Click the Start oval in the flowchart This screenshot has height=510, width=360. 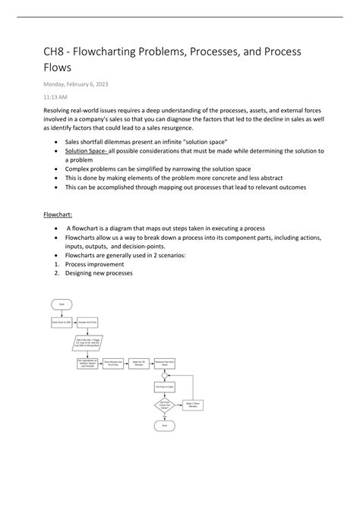click(x=62, y=304)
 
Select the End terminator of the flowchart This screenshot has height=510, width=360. click(x=164, y=425)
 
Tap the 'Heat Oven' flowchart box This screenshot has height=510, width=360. click(x=62, y=322)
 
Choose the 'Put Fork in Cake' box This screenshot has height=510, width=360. click(x=164, y=386)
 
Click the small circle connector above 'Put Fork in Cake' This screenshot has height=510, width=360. click(x=164, y=376)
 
